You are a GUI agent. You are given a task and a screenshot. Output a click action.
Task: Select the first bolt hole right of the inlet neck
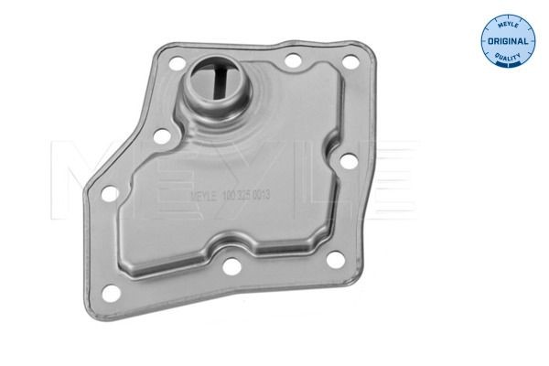(294, 62)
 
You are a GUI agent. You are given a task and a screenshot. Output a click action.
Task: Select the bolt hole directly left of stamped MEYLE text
(161, 138)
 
